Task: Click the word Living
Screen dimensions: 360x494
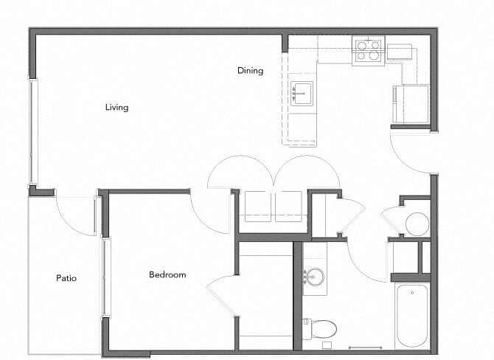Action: (116, 108)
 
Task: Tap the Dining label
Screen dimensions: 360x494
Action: (250, 71)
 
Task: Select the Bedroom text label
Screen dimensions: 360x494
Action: (167, 275)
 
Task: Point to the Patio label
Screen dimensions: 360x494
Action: (66, 278)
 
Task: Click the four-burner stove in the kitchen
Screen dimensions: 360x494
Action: (368, 50)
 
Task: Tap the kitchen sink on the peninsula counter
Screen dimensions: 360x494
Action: (301, 94)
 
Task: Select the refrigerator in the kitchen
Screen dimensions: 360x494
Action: (410, 104)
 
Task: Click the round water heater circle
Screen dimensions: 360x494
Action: (417, 224)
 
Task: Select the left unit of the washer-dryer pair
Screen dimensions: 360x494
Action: (258, 206)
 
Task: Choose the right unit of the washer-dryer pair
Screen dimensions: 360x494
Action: (288, 206)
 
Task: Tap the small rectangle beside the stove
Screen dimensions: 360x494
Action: (399, 52)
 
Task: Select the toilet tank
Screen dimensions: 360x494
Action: (306, 328)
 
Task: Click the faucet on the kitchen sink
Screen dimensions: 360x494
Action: (295, 94)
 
